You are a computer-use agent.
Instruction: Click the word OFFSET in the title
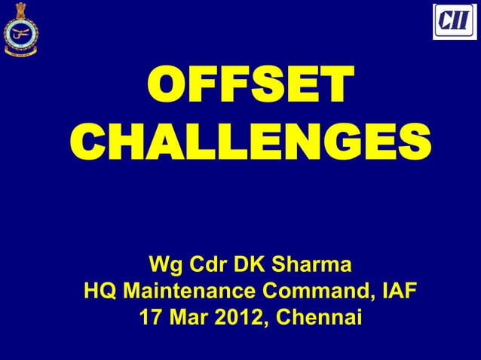click(248, 89)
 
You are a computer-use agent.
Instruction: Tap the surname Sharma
click(311, 266)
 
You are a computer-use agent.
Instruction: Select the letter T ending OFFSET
click(334, 89)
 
